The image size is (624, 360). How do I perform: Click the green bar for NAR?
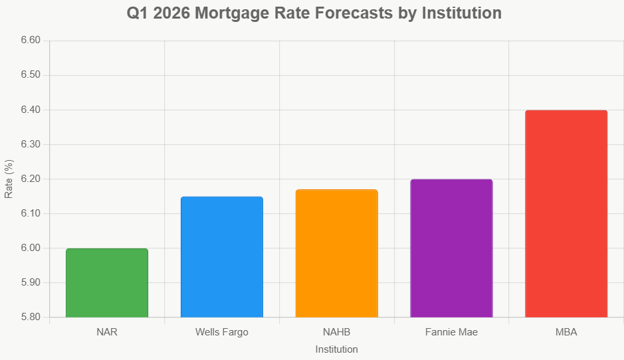[x=107, y=283]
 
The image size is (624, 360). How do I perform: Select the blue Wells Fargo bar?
[x=222, y=257]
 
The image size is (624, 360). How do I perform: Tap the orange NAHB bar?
[x=337, y=254]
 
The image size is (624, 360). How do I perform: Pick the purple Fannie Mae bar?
[x=452, y=248]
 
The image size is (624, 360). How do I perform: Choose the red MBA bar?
[x=566, y=214]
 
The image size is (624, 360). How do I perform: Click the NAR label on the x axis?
[x=107, y=332]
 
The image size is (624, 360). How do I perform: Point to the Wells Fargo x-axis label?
[x=222, y=332]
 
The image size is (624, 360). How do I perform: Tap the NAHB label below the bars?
[x=337, y=332]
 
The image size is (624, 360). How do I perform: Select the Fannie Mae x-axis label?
[x=452, y=332]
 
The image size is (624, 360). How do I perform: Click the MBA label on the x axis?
[x=566, y=332]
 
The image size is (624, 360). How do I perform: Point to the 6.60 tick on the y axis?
[x=31, y=41]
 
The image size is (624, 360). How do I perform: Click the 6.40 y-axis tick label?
[x=31, y=110]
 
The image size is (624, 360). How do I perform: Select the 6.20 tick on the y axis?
[x=31, y=179]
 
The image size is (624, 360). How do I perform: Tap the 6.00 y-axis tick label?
[x=31, y=248]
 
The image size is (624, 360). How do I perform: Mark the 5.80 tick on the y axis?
[x=31, y=317]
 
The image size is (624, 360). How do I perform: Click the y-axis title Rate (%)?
[x=9, y=179]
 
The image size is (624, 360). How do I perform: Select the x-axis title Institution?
[x=337, y=349]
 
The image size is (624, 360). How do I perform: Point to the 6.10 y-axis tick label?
[x=31, y=214]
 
